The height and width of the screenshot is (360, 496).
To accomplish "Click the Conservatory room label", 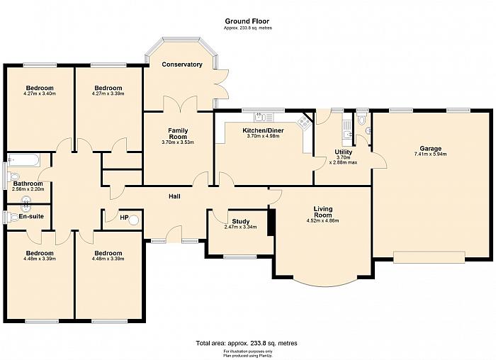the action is [182, 64].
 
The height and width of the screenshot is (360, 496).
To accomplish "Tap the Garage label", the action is [431, 148].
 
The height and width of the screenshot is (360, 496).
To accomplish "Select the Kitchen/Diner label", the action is [263, 130].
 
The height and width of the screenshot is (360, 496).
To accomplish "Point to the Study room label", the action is [241, 221].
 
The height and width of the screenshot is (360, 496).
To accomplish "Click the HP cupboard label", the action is [124, 218].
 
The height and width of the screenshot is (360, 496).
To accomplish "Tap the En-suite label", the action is [31, 216].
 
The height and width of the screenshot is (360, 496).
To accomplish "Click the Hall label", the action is [174, 196].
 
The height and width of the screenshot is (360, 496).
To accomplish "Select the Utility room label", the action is [343, 152].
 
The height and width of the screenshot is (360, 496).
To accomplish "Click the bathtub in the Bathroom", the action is [23, 160].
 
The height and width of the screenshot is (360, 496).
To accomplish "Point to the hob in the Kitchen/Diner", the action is [305, 121].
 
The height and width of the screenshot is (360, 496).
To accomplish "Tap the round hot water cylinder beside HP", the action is [135, 220].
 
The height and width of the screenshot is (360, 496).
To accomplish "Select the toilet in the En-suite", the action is [13, 218].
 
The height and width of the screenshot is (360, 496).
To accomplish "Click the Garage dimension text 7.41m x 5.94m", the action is [431, 154].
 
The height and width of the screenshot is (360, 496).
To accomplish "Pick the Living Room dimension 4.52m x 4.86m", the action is [322, 221].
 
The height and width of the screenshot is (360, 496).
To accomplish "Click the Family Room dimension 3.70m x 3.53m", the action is [178, 142].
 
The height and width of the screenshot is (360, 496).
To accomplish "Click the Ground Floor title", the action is [247, 21].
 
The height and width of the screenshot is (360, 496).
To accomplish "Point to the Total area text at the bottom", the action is [247, 343].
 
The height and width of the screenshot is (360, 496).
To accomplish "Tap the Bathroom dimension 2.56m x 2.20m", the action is [28, 189].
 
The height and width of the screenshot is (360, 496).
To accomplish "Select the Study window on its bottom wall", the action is [240, 257].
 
